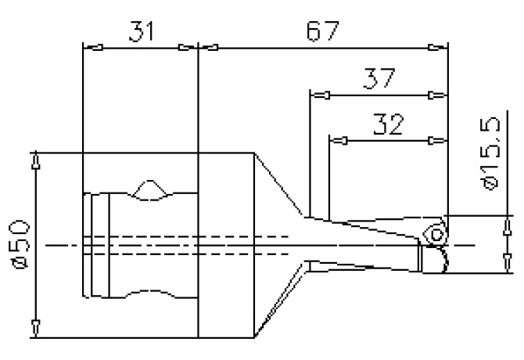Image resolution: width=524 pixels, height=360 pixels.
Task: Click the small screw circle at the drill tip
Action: coord(437,232)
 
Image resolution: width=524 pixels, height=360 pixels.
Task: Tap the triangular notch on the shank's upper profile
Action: coord(149,190)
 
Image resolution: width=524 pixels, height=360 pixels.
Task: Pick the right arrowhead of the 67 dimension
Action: coord(443,48)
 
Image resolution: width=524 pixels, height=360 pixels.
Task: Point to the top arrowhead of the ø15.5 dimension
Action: coord(501,223)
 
